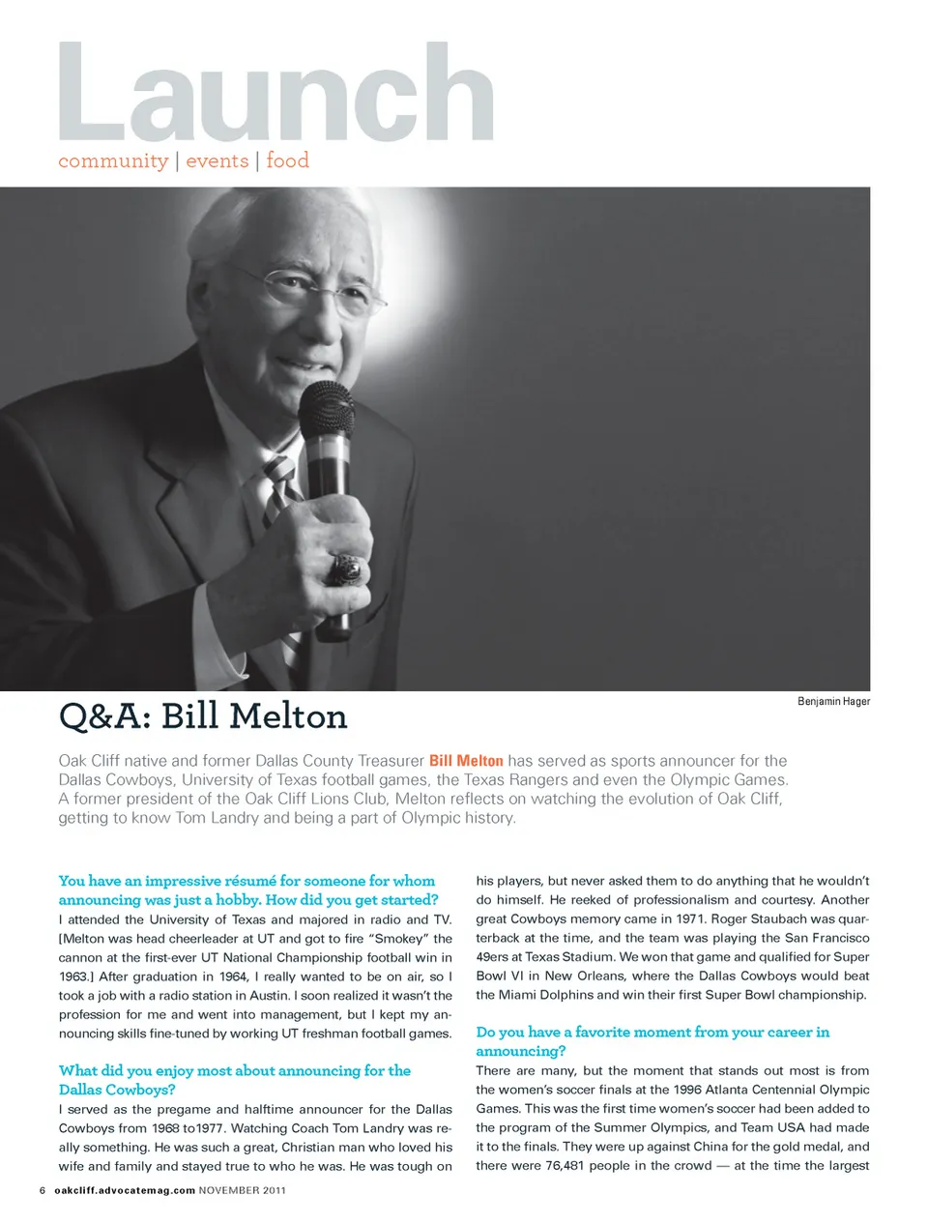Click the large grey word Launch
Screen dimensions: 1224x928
coord(275,95)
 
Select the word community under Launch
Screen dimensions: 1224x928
coord(113,160)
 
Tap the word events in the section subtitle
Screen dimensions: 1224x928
coord(217,160)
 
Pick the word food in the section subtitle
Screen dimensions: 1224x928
coord(287,160)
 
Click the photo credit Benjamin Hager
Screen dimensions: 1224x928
coord(833,701)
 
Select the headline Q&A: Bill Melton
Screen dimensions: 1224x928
coord(203,716)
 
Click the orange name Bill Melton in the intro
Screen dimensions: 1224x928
coord(466,761)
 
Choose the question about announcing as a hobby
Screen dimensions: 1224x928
coord(247,890)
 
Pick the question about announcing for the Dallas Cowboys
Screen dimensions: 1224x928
coord(235,1080)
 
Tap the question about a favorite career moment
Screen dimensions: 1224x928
coord(652,1041)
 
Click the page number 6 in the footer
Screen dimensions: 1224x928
coord(43,1190)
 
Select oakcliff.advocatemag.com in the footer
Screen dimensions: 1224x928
coord(125,1190)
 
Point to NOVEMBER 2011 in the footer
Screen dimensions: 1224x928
coord(242,1190)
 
